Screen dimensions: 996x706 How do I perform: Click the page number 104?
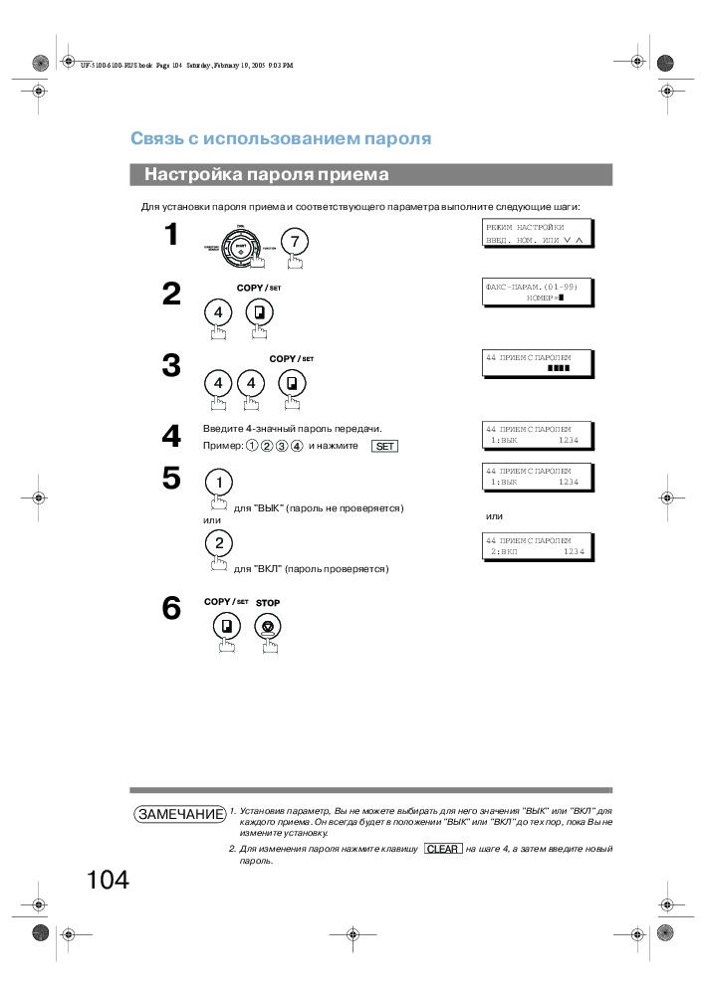(x=108, y=881)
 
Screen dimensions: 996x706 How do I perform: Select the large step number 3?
(x=171, y=366)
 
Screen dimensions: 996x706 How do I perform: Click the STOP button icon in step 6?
(x=268, y=627)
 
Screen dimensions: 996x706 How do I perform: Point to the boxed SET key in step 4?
(x=384, y=446)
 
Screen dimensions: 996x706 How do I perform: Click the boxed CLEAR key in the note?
(x=442, y=849)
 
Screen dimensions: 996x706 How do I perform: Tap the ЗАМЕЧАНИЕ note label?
(x=180, y=814)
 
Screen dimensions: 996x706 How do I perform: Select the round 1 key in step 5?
(x=218, y=483)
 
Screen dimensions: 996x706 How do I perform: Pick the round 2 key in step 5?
(x=218, y=542)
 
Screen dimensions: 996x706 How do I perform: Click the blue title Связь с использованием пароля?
(x=281, y=138)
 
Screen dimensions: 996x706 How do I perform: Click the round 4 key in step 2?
(x=218, y=312)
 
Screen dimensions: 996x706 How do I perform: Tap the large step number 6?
(x=171, y=608)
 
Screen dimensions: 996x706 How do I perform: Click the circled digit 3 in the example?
(x=282, y=446)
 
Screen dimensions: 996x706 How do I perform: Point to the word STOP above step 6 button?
(x=268, y=603)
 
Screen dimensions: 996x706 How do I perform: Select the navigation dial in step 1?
(x=241, y=246)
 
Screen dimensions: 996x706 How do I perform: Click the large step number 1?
(x=171, y=235)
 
